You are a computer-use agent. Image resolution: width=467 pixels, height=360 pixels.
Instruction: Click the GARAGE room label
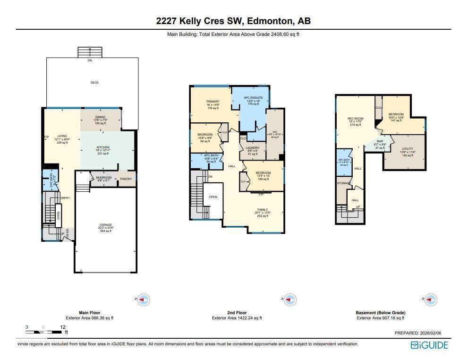[x=106, y=225]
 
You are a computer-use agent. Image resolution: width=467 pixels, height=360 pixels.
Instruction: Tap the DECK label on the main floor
[x=94, y=83]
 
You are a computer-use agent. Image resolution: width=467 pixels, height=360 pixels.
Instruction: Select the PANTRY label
[x=126, y=179]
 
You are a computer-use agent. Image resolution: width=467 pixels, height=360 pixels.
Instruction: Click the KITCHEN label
[x=103, y=147]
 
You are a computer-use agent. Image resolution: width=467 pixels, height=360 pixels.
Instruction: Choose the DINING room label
[x=100, y=117]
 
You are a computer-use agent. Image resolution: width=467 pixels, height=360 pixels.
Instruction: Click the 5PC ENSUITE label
[x=253, y=98]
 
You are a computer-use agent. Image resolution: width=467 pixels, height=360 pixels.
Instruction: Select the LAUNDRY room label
[x=253, y=148]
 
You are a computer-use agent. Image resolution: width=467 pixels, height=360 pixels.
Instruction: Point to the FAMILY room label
[x=263, y=209]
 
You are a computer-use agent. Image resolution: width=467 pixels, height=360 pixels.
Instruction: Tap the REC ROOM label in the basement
[x=356, y=119]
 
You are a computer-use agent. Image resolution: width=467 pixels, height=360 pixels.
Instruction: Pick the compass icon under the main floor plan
[x=144, y=300]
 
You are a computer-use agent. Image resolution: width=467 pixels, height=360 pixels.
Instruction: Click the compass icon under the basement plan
[x=430, y=300]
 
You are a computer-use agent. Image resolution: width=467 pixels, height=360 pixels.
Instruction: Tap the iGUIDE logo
[x=429, y=345]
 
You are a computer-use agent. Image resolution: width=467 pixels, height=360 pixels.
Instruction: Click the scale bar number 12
[x=62, y=327]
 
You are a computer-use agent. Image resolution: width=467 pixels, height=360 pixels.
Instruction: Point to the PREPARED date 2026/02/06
[x=417, y=333]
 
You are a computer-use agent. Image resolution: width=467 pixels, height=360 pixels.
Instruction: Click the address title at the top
[x=233, y=21]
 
